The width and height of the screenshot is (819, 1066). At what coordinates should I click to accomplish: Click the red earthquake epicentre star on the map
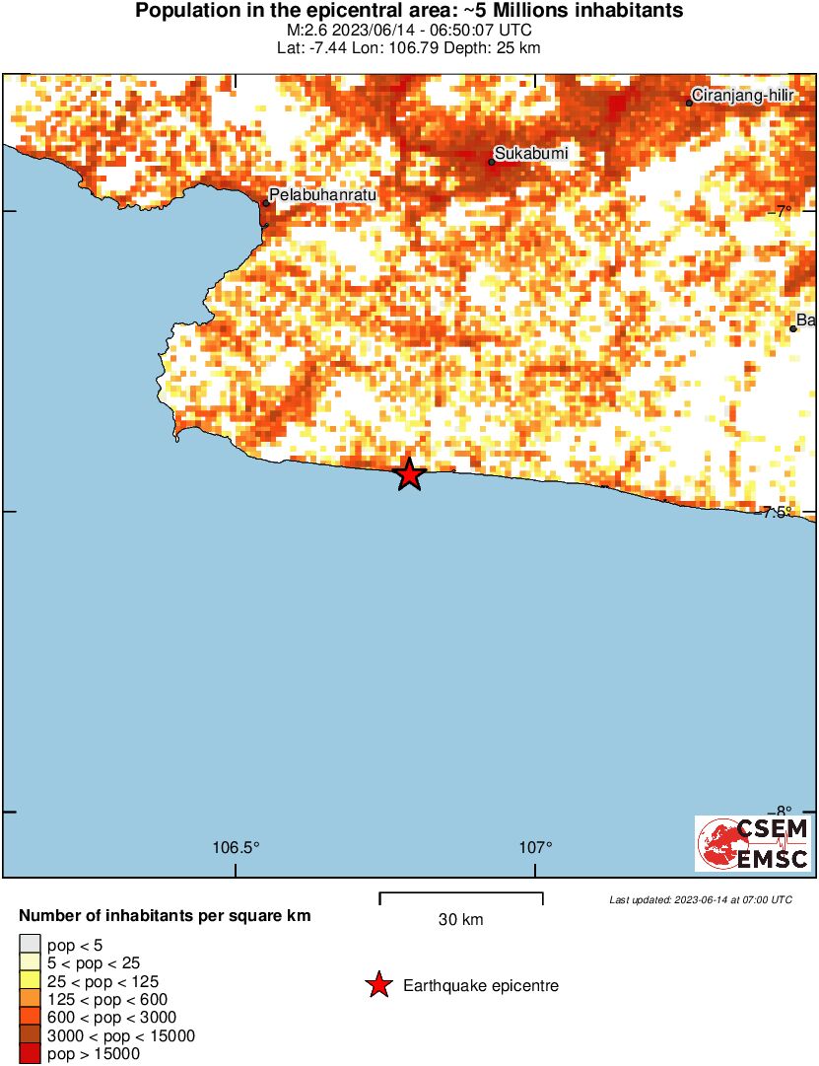point(409,474)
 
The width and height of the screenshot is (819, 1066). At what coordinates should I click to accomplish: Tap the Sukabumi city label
point(531,153)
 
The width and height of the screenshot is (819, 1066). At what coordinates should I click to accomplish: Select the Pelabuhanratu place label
point(323,196)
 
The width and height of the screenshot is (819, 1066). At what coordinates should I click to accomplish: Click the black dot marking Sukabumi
point(492,163)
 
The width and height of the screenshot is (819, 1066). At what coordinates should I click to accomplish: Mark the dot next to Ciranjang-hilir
point(689,103)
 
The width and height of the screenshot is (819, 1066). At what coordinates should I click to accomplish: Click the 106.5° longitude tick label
point(237,847)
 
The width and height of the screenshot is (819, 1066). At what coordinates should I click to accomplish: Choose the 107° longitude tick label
point(536,847)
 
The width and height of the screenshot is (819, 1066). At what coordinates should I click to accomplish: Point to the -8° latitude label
point(782,812)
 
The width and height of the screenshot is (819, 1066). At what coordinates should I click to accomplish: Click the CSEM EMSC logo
point(754,843)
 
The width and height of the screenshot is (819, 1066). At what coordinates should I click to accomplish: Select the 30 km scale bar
point(461,897)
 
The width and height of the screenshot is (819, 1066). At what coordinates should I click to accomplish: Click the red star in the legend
point(377,985)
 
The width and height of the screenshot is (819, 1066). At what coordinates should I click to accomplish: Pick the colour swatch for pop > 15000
point(31,1054)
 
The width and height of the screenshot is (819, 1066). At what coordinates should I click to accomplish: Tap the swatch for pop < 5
point(31,946)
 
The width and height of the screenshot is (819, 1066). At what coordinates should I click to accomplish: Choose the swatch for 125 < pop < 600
point(31,1000)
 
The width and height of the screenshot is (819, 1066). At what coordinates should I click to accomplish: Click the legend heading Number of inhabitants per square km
point(166,916)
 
